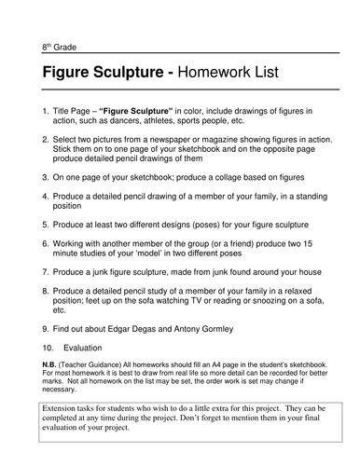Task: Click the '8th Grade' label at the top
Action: click(59, 47)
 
